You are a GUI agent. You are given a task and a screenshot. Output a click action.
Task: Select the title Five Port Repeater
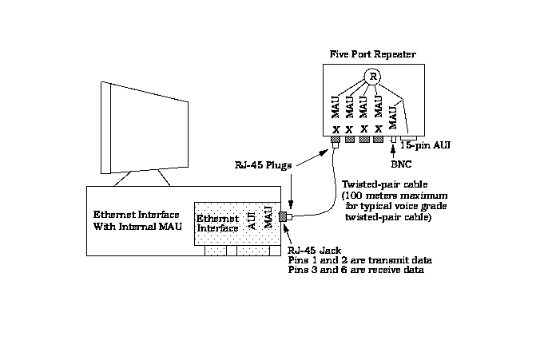pos(371,53)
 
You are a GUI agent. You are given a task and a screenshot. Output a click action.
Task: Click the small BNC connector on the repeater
pos(395,140)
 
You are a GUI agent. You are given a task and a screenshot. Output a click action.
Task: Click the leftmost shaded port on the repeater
pos(336,140)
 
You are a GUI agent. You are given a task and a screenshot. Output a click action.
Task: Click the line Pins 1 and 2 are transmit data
pos(354,260)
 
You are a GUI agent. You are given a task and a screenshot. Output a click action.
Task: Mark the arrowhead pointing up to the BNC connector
pos(395,149)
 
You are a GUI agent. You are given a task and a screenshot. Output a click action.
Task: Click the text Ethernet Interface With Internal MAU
pos(136,220)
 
